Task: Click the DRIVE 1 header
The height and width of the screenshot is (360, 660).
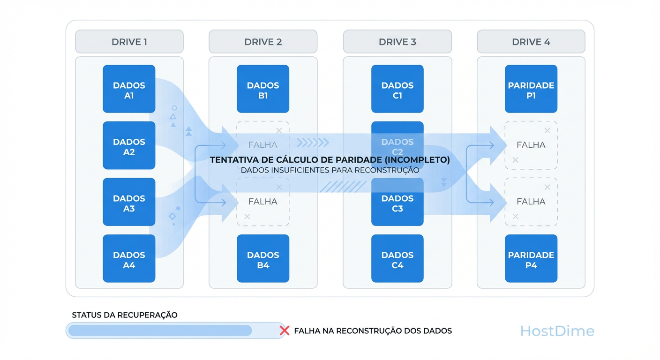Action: [129, 42]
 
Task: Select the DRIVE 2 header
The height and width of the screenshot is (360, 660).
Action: [263, 42]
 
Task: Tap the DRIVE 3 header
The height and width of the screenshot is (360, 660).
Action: [397, 42]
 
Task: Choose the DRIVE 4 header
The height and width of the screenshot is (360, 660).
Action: [531, 42]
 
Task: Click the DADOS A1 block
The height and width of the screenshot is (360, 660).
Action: [129, 89]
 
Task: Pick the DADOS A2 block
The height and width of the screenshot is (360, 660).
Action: [129, 145]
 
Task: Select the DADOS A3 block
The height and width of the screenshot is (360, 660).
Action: [129, 202]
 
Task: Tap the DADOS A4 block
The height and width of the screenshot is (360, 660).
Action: [129, 259]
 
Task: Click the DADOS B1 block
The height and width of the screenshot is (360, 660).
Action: [263, 89]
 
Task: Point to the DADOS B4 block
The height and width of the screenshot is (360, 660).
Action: [263, 259]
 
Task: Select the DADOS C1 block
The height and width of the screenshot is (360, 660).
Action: [397, 89]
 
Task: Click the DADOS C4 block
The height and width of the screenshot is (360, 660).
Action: [397, 259]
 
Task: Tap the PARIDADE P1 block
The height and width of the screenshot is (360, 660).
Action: [531, 89]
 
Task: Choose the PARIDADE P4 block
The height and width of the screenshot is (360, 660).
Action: [531, 259]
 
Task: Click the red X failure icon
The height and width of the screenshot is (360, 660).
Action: [284, 330]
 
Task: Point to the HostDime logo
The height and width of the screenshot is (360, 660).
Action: [557, 331]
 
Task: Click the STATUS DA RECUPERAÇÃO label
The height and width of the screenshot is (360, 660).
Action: [125, 315]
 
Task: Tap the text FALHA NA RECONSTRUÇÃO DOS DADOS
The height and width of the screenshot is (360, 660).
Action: [373, 331]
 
